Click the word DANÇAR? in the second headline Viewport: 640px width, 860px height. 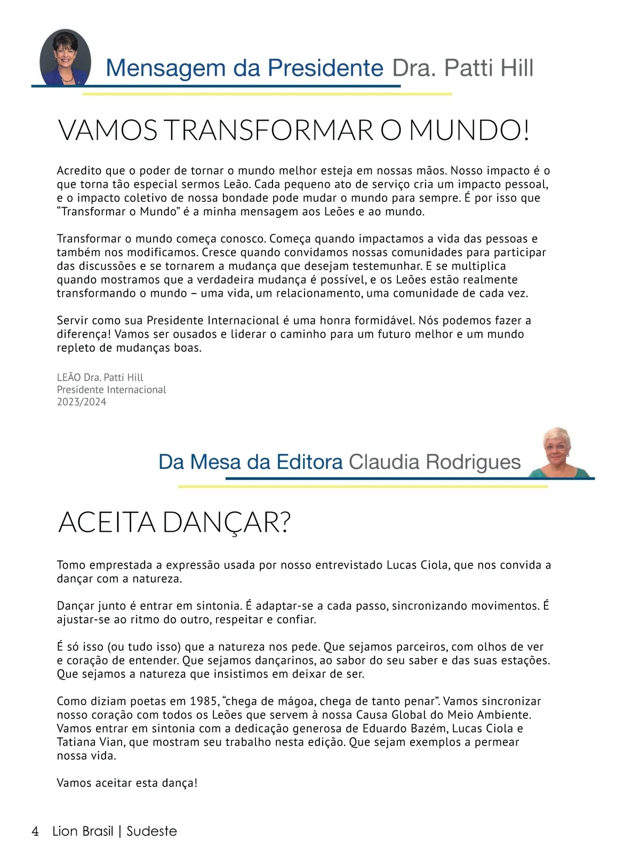tap(226, 523)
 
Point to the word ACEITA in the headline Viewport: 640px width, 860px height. tap(107, 523)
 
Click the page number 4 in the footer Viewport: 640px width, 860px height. tap(35, 831)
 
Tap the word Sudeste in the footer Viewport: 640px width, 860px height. tap(152, 831)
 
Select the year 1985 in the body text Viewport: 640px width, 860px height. tap(203, 701)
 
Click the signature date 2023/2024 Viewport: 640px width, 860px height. tap(82, 402)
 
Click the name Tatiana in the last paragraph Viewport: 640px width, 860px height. tap(75, 742)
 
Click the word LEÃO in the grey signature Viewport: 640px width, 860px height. tap(69, 377)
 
